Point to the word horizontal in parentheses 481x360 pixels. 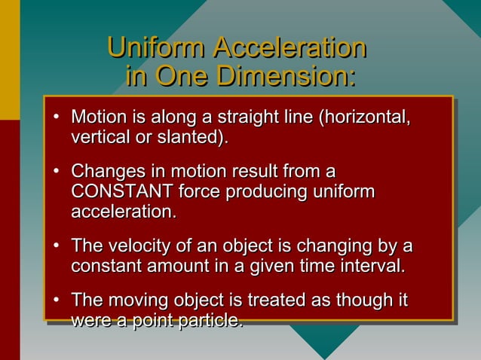[364, 118]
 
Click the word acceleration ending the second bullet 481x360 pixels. [124, 212]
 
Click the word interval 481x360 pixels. [370, 266]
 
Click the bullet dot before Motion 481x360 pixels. [57, 119]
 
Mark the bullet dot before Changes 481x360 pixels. [57, 172]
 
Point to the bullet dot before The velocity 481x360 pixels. [57, 246]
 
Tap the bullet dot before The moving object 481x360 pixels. [57, 301]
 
